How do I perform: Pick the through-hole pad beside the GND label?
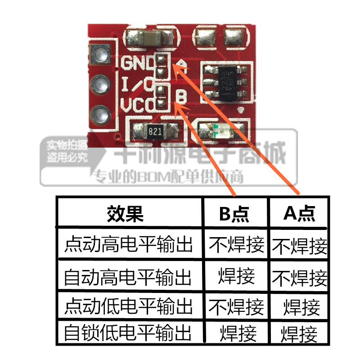(x=99, y=56)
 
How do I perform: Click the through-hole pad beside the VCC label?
(x=99, y=113)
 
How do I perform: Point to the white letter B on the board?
(x=181, y=96)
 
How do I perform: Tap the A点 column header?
(x=299, y=214)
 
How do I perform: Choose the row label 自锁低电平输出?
(x=129, y=333)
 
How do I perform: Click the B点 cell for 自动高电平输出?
(x=236, y=275)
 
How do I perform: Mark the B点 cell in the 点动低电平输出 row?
(x=236, y=307)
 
